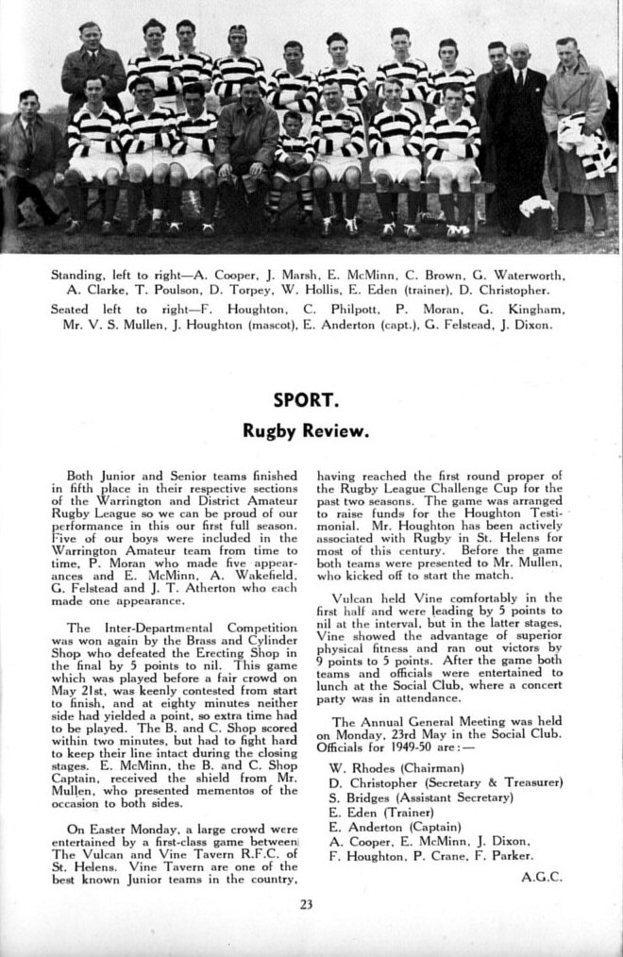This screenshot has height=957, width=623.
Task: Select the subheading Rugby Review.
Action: (304, 431)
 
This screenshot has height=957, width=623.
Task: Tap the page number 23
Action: (306, 903)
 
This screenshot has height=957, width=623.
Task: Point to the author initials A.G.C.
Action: (541, 876)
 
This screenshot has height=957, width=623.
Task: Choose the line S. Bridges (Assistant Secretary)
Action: (420, 797)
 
